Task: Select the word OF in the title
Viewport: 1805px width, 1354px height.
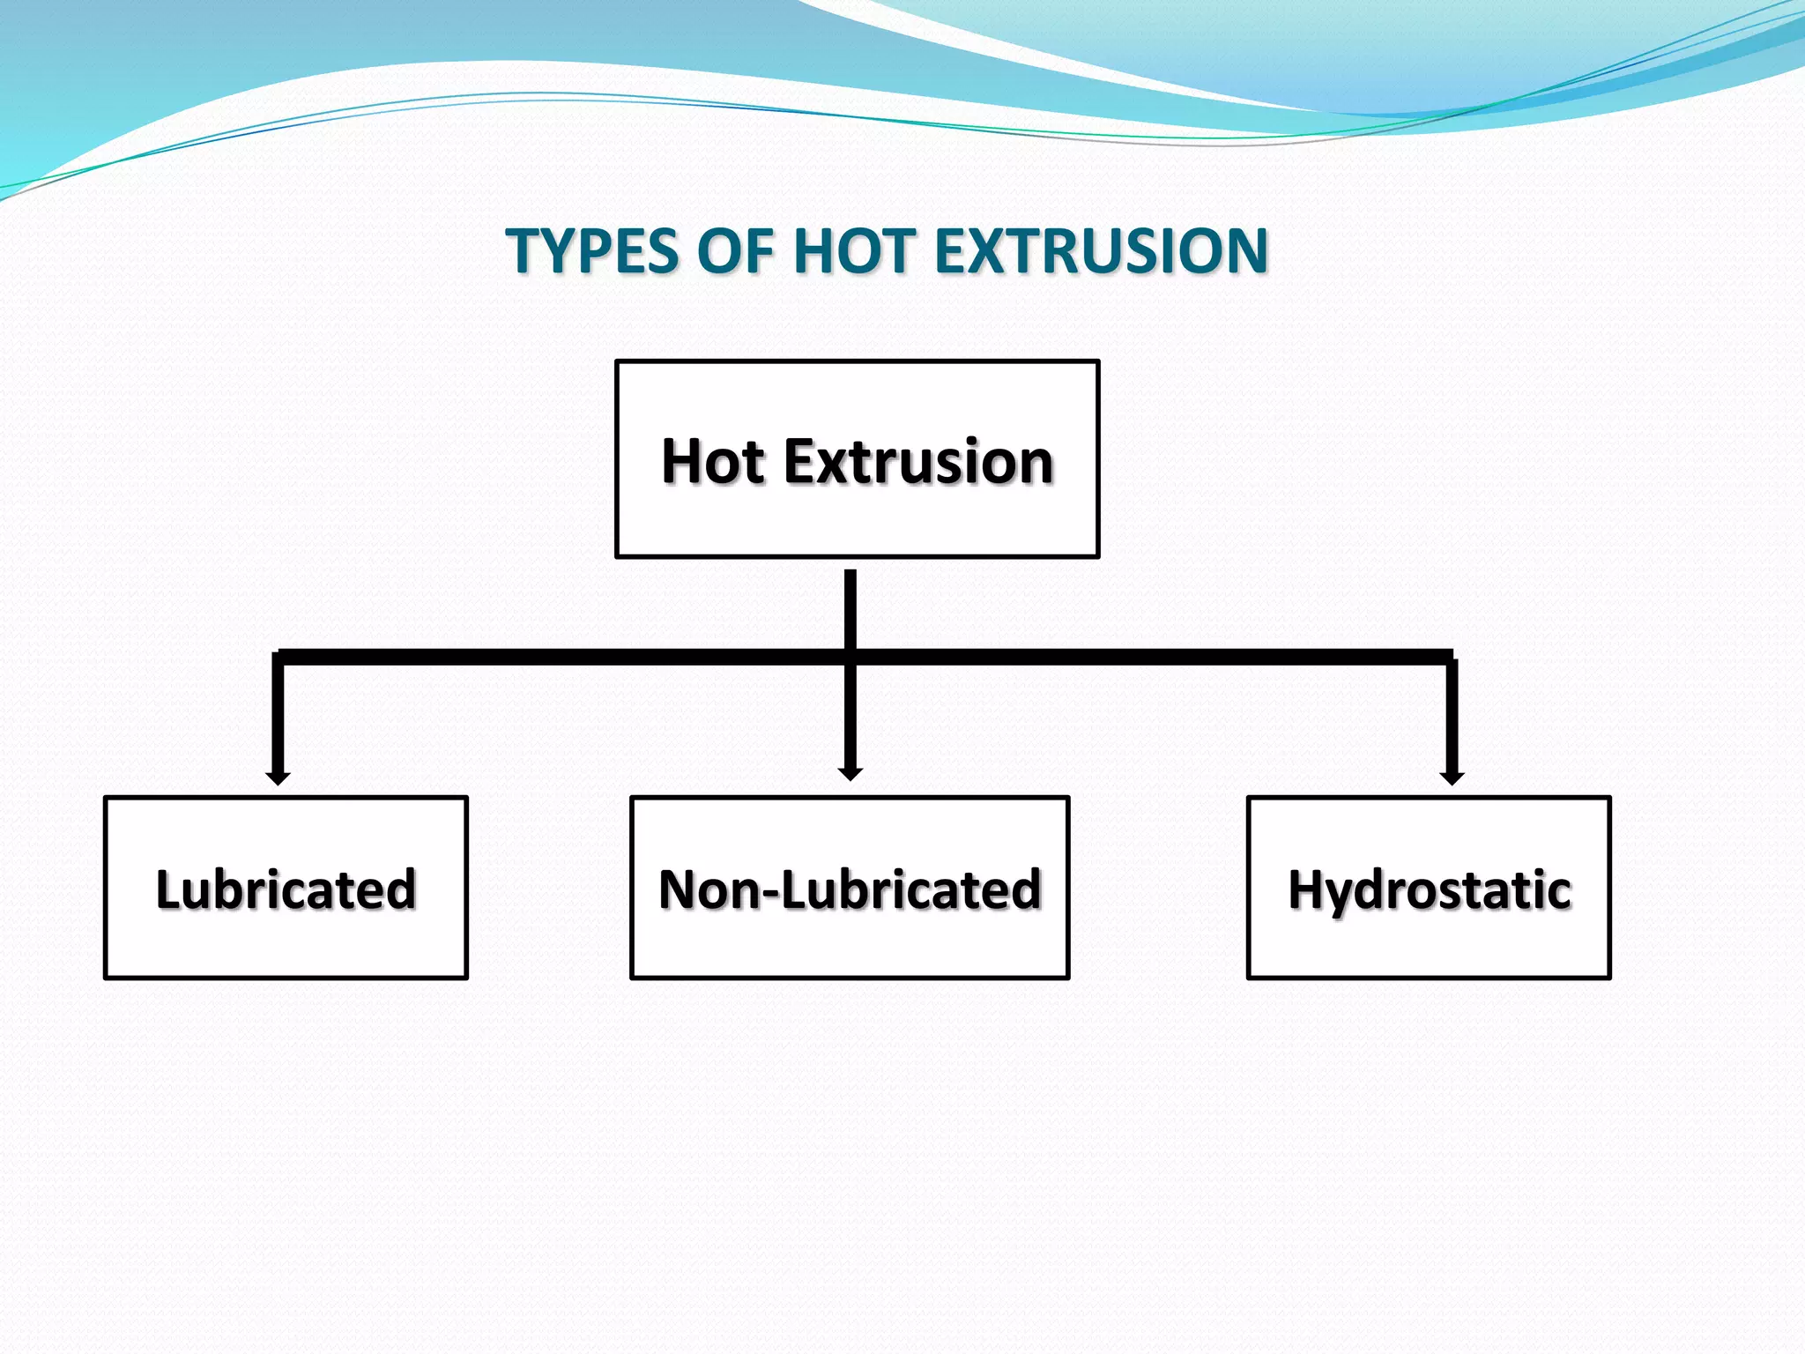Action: pyautogui.click(x=734, y=252)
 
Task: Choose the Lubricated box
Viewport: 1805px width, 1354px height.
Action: pyautogui.click(x=286, y=888)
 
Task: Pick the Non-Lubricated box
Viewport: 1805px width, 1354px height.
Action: pyautogui.click(x=850, y=888)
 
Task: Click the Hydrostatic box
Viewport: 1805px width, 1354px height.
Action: pyautogui.click(x=1429, y=888)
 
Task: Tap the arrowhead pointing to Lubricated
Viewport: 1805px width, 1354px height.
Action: pyautogui.click(x=278, y=778)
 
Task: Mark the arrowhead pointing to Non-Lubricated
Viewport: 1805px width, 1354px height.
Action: pyautogui.click(x=851, y=774)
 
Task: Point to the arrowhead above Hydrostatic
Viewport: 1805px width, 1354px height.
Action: pyautogui.click(x=1452, y=778)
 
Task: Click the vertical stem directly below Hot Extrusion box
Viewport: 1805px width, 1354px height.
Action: pyautogui.click(x=851, y=608)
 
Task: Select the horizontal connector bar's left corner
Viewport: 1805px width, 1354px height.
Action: pyautogui.click(x=279, y=658)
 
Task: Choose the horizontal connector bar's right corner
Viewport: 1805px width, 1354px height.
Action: pyautogui.click(x=1451, y=658)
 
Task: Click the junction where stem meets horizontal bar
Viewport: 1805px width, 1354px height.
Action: pyautogui.click(x=851, y=658)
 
